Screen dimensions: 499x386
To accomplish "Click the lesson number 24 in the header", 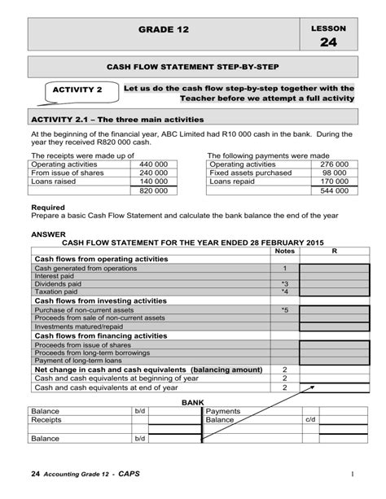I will click(x=328, y=42).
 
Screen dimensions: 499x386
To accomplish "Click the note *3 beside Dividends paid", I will click(x=284, y=283).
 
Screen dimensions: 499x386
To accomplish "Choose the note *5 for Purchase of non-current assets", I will click(x=284, y=309).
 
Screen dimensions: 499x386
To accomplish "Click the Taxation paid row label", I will click(x=55, y=291).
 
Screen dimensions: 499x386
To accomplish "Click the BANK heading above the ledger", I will click(x=192, y=402).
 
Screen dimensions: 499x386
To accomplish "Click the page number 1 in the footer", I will click(x=355, y=475).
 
